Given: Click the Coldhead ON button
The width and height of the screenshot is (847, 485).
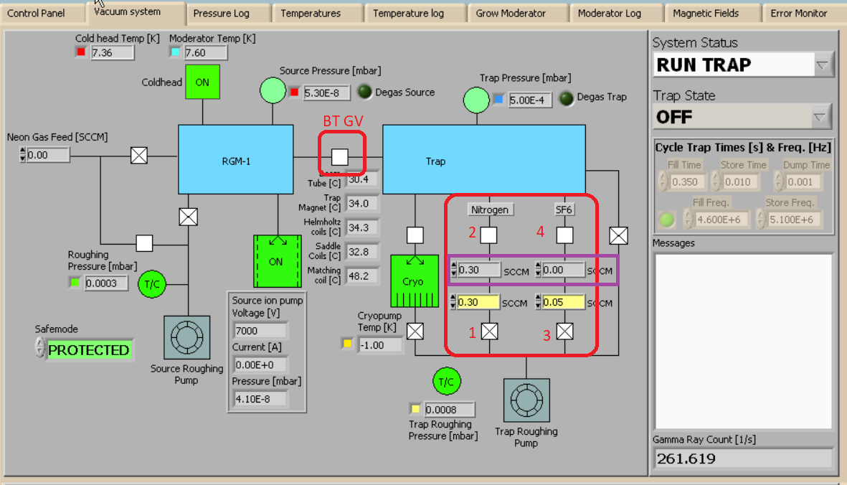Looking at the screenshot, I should pyautogui.click(x=202, y=82).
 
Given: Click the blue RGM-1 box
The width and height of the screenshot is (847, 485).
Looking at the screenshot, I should pyautogui.click(x=235, y=160).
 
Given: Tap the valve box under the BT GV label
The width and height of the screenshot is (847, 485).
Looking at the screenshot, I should pyautogui.click(x=340, y=156).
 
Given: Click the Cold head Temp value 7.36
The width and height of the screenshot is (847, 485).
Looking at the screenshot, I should pyautogui.click(x=112, y=52).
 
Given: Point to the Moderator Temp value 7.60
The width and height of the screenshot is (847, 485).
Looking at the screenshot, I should pyautogui.click(x=205, y=52).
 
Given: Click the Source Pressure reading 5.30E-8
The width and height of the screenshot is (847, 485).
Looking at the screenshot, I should pyautogui.click(x=326, y=93).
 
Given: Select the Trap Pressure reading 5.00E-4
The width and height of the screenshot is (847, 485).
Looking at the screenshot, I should pyautogui.click(x=531, y=100).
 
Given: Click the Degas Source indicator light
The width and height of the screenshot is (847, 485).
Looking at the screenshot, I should pyautogui.click(x=364, y=92).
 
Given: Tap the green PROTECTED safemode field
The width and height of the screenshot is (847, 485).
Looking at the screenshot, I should pyautogui.click(x=89, y=350).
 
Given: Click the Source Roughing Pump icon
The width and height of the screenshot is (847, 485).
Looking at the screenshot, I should pyautogui.click(x=186, y=338).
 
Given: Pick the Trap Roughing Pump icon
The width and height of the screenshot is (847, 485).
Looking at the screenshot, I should pyautogui.click(x=526, y=401).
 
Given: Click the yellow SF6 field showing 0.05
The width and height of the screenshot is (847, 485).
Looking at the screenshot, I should pyautogui.click(x=564, y=303).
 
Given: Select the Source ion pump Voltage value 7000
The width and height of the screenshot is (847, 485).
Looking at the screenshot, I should pyautogui.click(x=260, y=331).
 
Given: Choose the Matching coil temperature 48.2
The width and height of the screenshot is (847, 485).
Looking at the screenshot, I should pyautogui.click(x=362, y=276).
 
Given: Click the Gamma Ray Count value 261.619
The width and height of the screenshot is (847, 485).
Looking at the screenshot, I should pyautogui.click(x=742, y=458).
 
